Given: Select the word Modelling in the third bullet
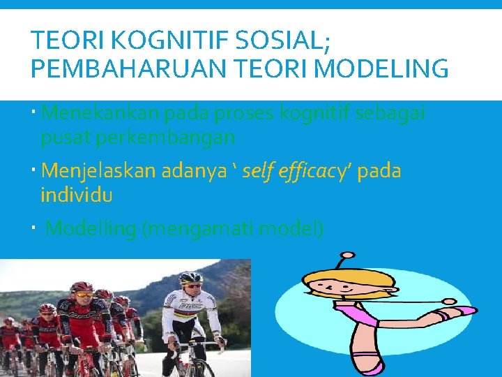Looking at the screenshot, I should (90, 229).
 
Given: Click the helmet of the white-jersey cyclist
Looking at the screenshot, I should (190, 279).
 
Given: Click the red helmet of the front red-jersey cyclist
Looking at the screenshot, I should (82, 287).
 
